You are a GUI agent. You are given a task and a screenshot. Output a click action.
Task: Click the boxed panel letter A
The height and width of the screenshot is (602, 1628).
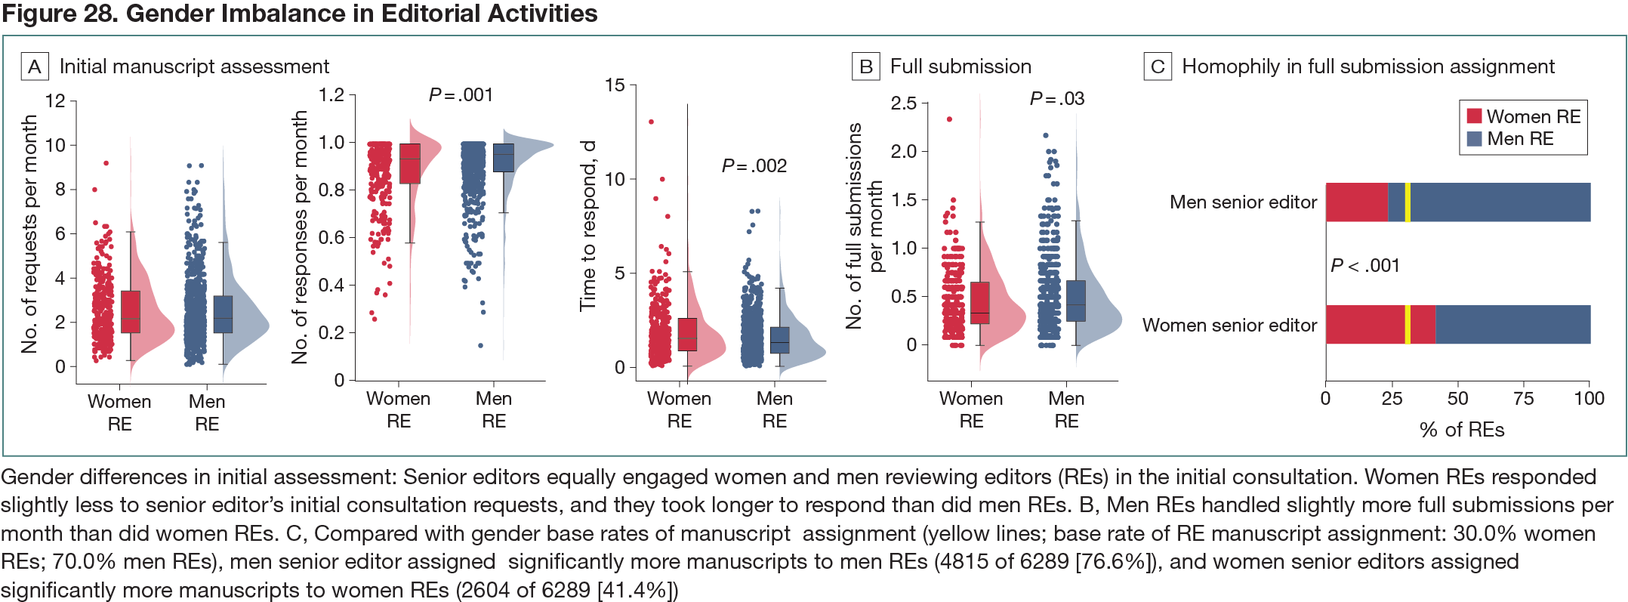click(35, 66)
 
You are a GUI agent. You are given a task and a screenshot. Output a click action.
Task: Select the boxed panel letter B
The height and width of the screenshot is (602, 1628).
click(865, 66)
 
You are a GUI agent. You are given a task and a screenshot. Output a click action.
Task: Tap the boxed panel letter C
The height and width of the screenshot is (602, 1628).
click(1158, 66)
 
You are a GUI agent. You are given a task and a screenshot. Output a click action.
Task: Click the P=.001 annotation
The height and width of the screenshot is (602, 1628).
click(461, 95)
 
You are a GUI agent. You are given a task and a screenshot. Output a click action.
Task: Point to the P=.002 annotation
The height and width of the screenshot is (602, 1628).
click(754, 165)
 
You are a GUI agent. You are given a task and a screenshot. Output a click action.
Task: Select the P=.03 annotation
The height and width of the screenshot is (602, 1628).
click(1056, 99)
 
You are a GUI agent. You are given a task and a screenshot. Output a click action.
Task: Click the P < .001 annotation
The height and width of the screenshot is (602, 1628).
click(1364, 265)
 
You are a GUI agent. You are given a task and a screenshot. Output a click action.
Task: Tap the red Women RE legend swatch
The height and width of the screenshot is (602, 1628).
click(1474, 116)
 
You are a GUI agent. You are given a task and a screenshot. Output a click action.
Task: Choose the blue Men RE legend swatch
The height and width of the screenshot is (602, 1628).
click(1474, 139)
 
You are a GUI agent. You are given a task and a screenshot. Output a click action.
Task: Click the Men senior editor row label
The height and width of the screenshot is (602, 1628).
click(1243, 202)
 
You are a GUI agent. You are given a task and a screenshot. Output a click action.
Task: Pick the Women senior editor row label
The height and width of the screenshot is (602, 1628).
click(1229, 326)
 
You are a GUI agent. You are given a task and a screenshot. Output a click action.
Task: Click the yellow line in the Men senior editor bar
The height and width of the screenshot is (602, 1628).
click(1408, 202)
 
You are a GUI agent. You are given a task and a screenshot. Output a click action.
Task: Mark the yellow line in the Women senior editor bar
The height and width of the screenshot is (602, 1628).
click(1407, 325)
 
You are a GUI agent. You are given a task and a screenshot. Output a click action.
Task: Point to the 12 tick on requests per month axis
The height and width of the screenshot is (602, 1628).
click(55, 101)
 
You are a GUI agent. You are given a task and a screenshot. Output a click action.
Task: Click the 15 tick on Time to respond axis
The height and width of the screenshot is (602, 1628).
click(615, 85)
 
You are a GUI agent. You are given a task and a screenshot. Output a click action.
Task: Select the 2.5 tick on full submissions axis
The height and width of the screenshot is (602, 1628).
click(903, 103)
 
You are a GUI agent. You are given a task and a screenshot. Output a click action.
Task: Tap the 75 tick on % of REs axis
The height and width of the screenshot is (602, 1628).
click(1523, 399)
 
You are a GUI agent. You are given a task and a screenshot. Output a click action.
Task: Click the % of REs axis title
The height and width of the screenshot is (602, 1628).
click(1462, 430)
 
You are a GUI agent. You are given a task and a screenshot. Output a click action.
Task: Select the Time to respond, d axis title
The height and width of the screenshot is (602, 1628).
click(588, 225)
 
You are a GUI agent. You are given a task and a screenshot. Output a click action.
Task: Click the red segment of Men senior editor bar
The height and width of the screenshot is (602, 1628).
click(1357, 202)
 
